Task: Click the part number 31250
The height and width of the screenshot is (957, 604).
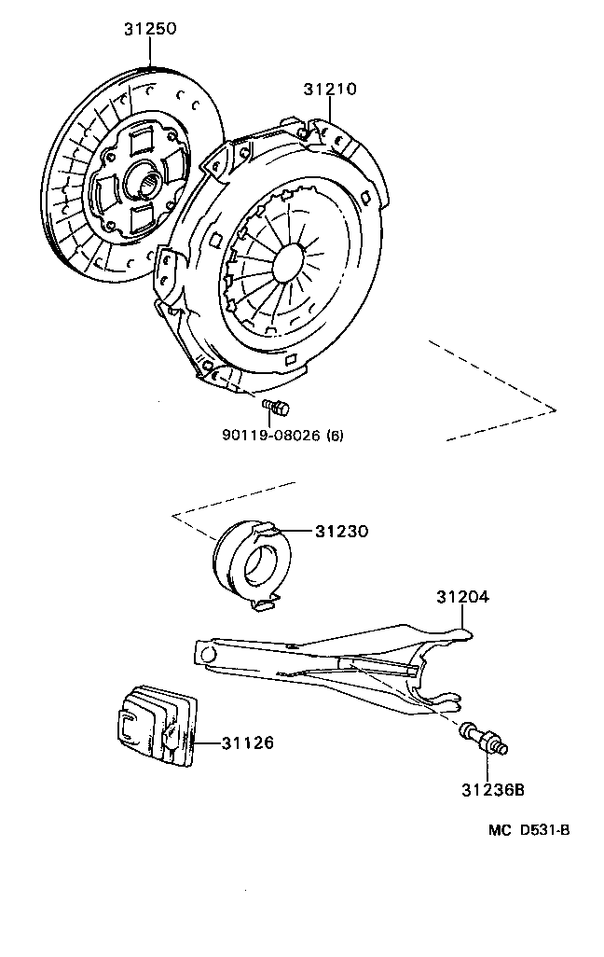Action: click(150, 30)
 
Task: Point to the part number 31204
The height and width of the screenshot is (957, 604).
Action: click(463, 596)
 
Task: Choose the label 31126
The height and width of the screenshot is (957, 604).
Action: click(248, 743)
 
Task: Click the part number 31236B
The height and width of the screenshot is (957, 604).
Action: click(491, 791)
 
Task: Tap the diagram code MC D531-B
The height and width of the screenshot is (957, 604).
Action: click(524, 830)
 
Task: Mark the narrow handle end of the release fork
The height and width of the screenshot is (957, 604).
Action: click(205, 649)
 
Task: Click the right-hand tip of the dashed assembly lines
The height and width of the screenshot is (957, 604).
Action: click(555, 409)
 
